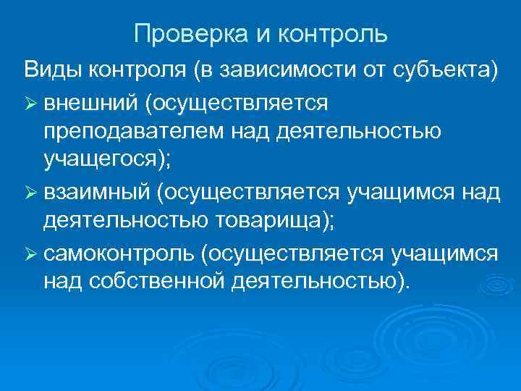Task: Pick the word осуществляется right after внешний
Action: pyautogui.click(x=238, y=103)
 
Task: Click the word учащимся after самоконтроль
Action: pyautogui.click(x=444, y=253)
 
